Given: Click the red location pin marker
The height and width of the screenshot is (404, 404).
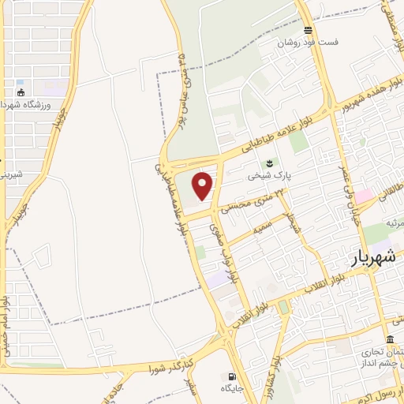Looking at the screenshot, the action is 204,185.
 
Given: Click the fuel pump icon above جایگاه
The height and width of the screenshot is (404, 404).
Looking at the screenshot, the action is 231,376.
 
